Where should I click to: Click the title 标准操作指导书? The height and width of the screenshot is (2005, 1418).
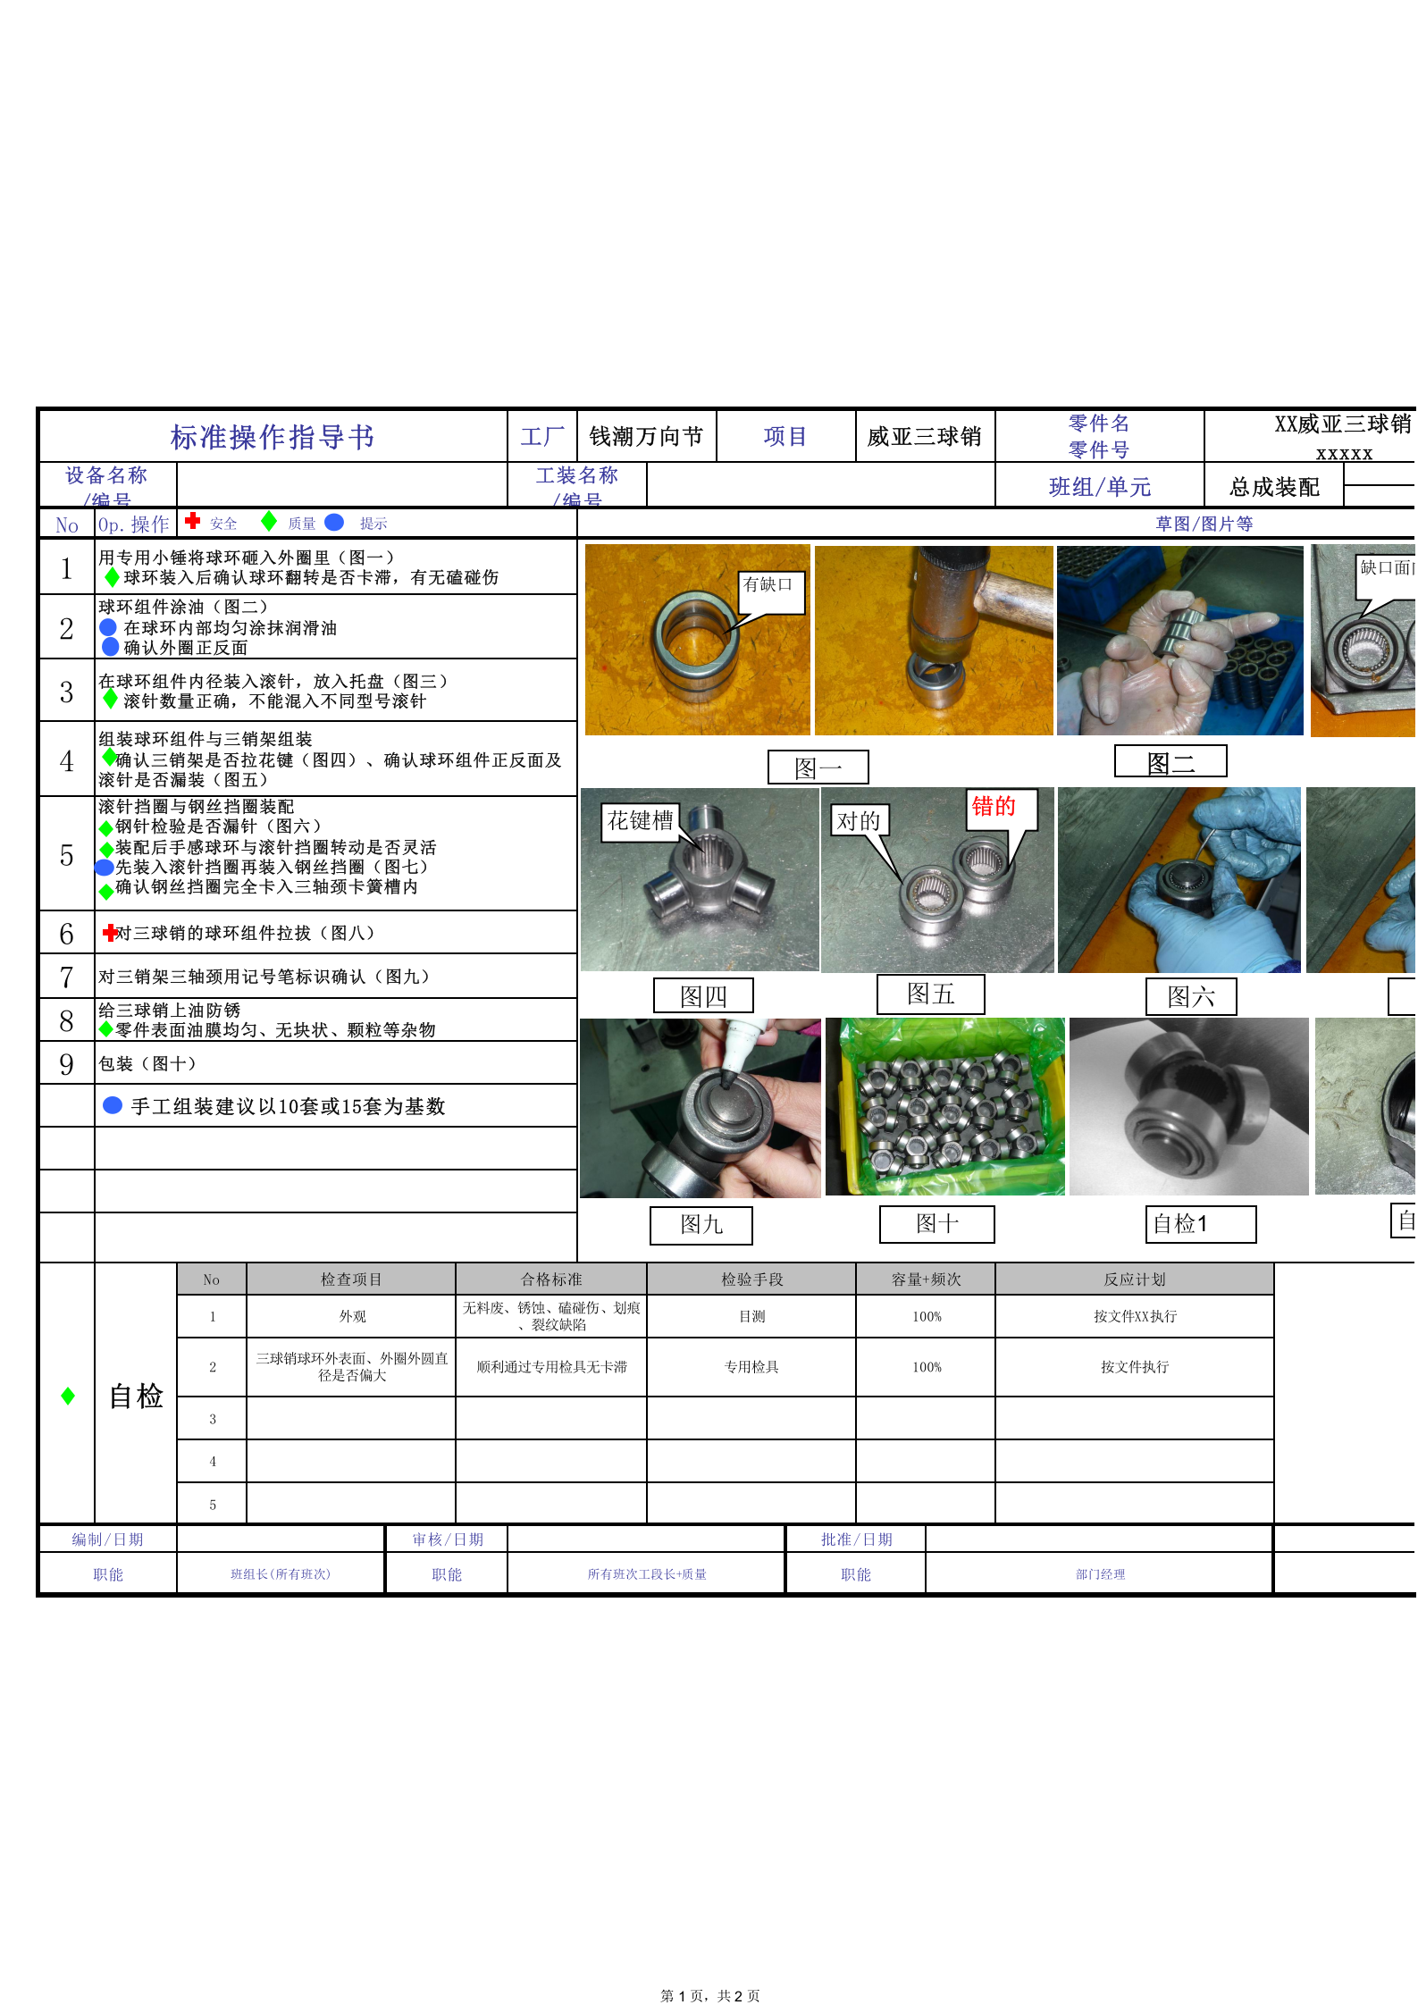tap(273, 437)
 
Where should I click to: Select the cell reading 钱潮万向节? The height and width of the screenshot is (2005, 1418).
tap(646, 436)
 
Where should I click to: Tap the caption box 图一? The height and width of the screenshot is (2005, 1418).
tap(818, 768)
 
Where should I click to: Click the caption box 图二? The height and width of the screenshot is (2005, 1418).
tap(1170, 762)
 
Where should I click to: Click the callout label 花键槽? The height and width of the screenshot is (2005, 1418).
tap(641, 820)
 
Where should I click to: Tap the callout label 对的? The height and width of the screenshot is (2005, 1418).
tap(859, 820)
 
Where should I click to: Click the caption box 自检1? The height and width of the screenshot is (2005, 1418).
tap(1200, 1224)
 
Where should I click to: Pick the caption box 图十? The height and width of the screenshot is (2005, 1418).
tap(936, 1224)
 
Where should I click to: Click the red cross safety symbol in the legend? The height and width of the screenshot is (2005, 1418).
tap(192, 521)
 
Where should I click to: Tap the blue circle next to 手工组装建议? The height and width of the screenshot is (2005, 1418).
tap(113, 1105)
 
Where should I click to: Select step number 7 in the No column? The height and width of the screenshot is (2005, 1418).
tap(66, 977)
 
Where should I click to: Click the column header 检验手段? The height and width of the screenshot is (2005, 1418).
tap(751, 1279)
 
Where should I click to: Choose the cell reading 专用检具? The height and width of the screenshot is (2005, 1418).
tap(751, 1367)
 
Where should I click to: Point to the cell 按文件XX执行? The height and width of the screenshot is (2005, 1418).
tap(1135, 1316)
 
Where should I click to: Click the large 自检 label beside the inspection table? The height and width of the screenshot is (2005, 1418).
tap(136, 1396)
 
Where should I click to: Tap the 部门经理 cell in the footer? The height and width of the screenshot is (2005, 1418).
tap(1100, 1574)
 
